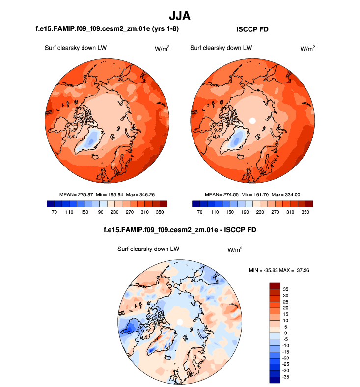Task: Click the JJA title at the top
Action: point(180,16)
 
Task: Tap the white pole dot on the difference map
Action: point(180,321)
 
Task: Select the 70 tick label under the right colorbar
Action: point(199,213)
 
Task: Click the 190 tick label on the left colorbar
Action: point(100,213)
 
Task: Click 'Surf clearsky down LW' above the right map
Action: point(221,48)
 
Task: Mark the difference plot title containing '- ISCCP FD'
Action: point(180,229)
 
